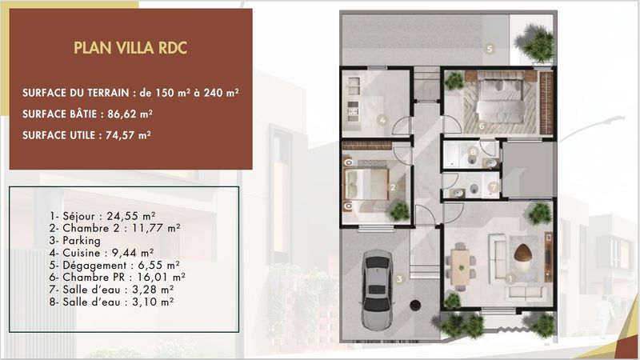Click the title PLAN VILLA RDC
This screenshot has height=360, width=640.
[x=130, y=48]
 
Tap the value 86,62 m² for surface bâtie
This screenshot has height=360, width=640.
[x=130, y=114]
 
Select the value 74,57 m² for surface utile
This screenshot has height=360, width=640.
[x=128, y=135]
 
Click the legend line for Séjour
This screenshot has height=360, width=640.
[x=102, y=216]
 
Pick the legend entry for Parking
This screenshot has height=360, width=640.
[x=74, y=241]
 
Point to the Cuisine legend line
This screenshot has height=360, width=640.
[x=102, y=253]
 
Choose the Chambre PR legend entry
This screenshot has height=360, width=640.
[x=117, y=278]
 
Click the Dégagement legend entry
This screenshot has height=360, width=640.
[x=114, y=266]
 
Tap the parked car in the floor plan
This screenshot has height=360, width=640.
[x=377, y=290]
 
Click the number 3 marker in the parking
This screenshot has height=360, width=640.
[x=399, y=279]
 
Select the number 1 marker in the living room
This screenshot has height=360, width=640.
[x=510, y=279]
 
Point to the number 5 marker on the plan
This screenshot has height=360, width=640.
[x=490, y=49]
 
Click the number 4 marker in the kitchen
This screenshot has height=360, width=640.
[x=382, y=120]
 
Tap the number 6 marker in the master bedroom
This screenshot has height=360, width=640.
[x=482, y=126]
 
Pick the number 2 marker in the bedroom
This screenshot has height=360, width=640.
[x=393, y=188]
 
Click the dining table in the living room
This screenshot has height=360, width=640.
[x=461, y=267]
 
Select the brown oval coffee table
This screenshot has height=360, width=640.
[x=523, y=254]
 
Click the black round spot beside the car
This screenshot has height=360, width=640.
[x=415, y=306]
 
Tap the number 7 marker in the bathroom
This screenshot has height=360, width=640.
[x=493, y=187]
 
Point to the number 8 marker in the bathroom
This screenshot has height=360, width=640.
[x=473, y=152]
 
